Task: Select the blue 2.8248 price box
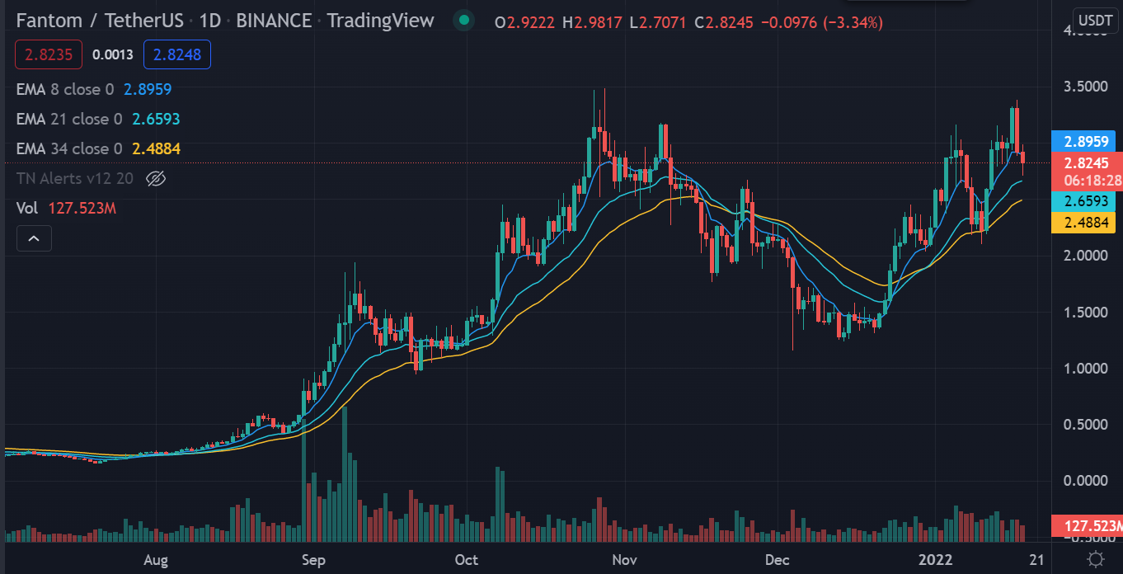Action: point(177,55)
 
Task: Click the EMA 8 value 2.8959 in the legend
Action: point(148,89)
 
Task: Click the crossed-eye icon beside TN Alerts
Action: point(156,178)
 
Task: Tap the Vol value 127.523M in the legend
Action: point(82,208)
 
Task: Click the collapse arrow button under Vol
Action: point(34,238)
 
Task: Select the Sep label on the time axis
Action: point(313,560)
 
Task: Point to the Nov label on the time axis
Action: point(624,560)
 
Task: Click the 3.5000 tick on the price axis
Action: point(1085,87)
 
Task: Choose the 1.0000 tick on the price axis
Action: point(1085,368)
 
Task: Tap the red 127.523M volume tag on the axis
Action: point(1088,525)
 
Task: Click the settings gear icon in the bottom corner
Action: point(1096,559)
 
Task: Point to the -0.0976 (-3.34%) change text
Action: point(825,22)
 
